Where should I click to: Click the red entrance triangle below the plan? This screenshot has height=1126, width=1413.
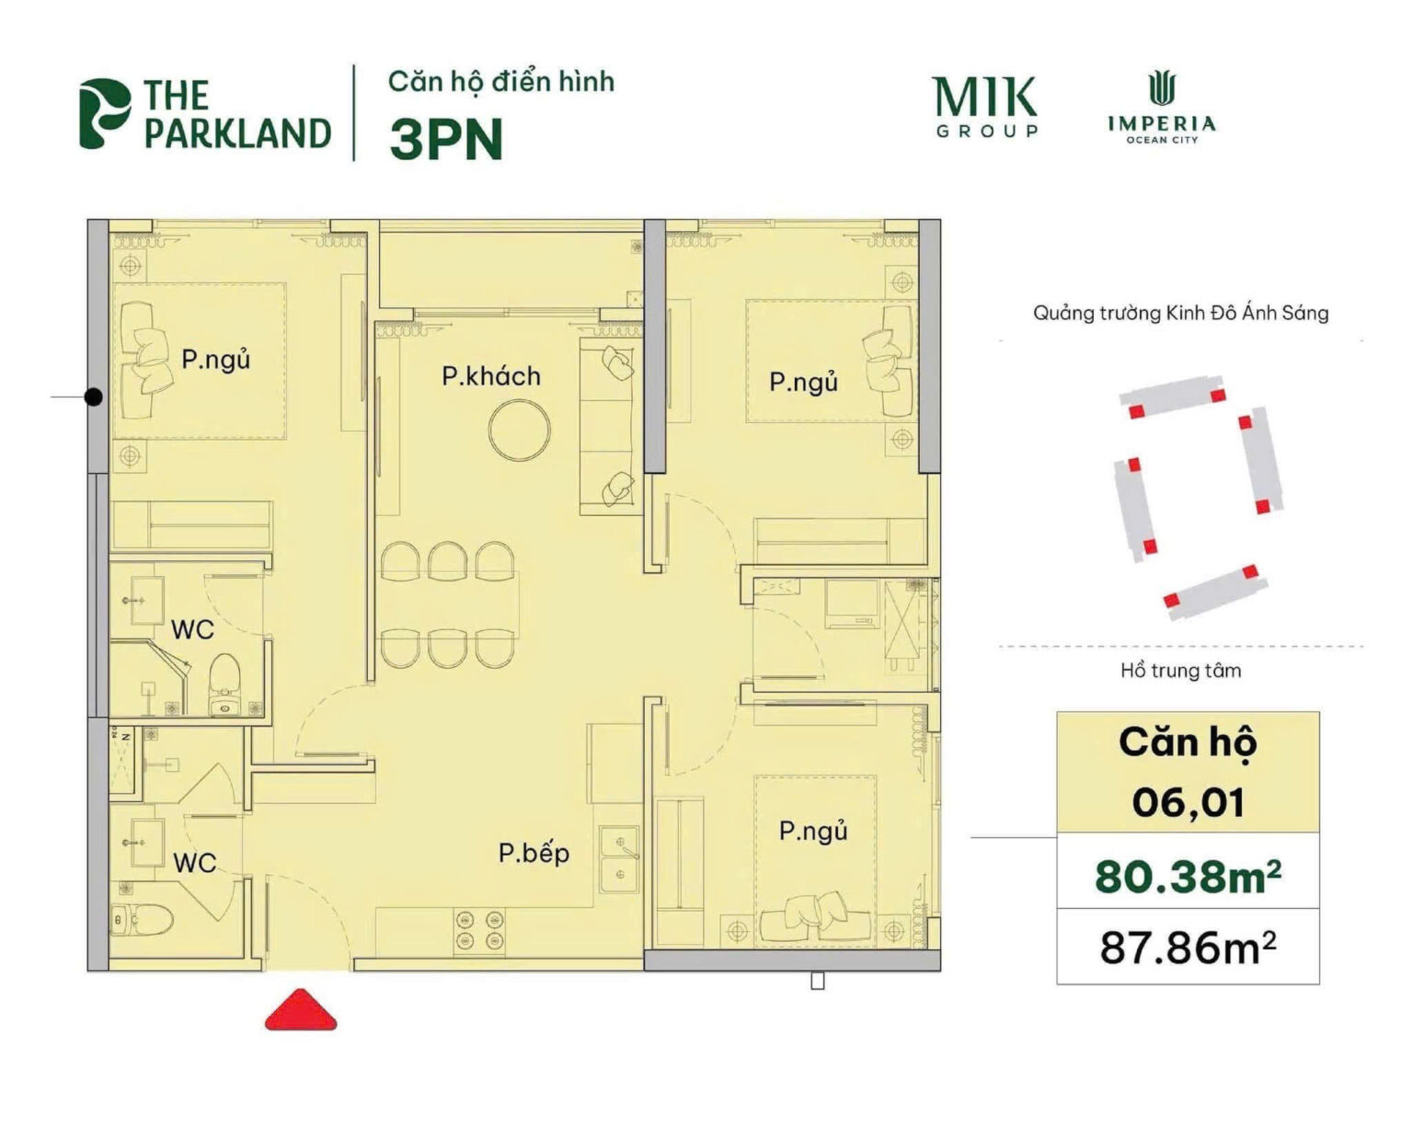[x=301, y=1011]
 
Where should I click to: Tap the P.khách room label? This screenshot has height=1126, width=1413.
[x=491, y=377]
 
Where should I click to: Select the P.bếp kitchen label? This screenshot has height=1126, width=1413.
[x=534, y=854]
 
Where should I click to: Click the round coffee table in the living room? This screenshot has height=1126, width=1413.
[x=520, y=430]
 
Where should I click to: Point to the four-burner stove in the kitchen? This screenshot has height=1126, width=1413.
[x=480, y=930]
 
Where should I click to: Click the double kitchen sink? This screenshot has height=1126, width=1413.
[x=620, y=859]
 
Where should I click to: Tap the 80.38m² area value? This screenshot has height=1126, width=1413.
[x=1189, y=876]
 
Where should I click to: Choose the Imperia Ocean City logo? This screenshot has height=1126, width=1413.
[x=1162, y=108]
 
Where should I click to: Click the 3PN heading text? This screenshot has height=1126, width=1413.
[x=446, y=139]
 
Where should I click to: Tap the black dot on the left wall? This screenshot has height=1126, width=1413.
[x=94, y=397]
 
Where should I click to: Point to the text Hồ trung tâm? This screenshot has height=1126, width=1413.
[x=1180, y=671]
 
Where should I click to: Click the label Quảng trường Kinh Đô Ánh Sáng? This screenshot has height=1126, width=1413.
[x=1180, y=313]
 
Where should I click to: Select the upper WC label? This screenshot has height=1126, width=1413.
[x=192, y=630]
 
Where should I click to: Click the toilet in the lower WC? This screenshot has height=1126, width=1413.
[x=144, y=920]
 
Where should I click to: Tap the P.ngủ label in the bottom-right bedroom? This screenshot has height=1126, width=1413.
[x=813, y=832]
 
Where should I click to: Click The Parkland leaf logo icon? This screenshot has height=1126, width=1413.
[x=104, y=113]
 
